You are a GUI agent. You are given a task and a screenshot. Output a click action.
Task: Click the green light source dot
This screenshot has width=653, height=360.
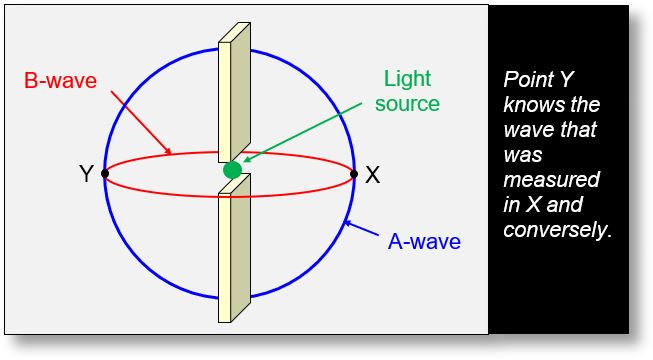pyautogui.click(x=232, y=171)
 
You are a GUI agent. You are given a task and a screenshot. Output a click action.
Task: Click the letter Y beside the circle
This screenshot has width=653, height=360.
pyautogui.click(x=86, y=175)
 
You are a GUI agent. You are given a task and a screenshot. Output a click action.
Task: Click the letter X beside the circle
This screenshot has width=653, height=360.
pyautogui.click(x=373, y=175)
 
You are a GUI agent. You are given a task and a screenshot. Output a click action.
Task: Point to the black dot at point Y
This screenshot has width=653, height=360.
pyautogui.click(x=105, y=174)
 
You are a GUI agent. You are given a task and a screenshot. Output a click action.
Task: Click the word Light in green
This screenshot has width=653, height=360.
pyautogui.click(x=410, y=78)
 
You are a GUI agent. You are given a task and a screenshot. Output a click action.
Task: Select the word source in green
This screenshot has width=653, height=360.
pyautogui.click(x=410, y=102)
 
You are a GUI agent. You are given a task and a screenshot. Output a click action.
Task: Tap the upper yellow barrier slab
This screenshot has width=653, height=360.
pyautogui.click(x=234, y=90)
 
